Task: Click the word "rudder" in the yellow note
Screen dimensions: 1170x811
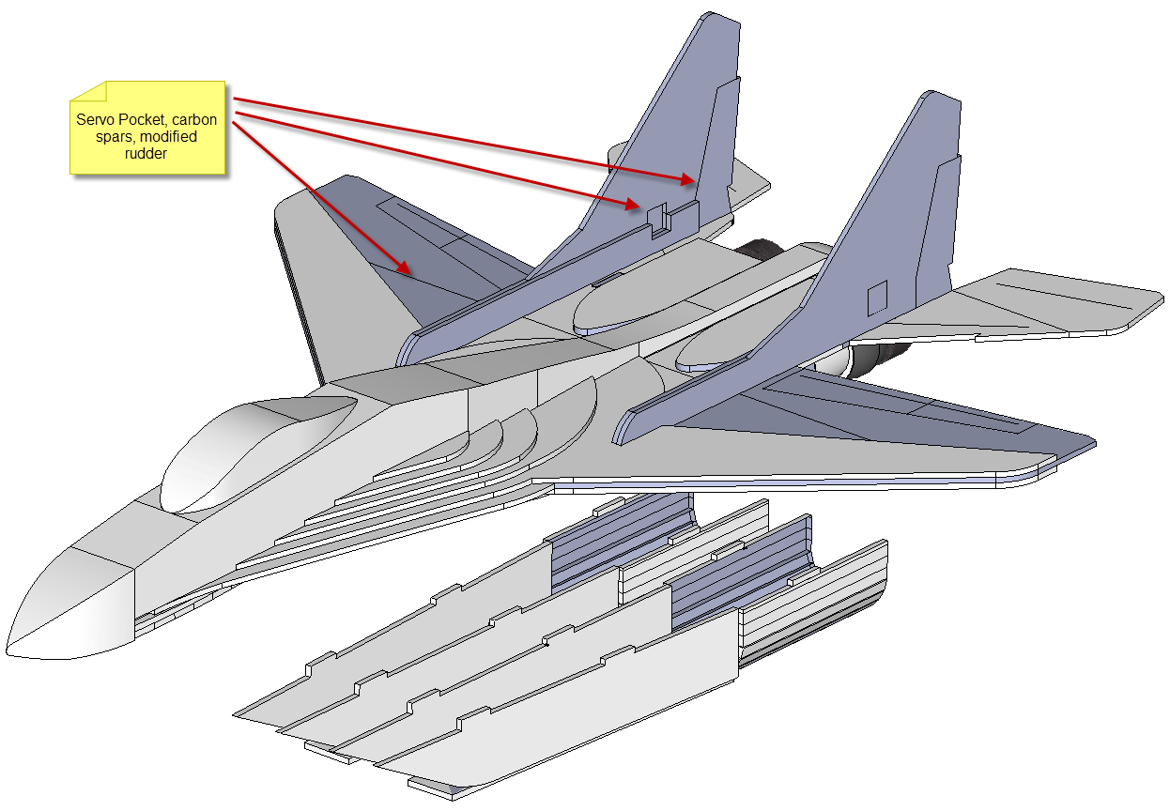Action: point(146,154)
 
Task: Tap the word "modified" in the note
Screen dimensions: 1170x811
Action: point(168,136)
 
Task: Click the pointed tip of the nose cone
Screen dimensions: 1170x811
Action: point(8,650)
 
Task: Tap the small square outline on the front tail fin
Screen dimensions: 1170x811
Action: point(877,298)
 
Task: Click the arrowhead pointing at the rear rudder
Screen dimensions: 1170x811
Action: point(689,179)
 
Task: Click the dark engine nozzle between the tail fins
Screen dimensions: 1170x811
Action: point(763,250)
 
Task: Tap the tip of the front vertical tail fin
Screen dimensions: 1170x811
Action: point(935,97)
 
